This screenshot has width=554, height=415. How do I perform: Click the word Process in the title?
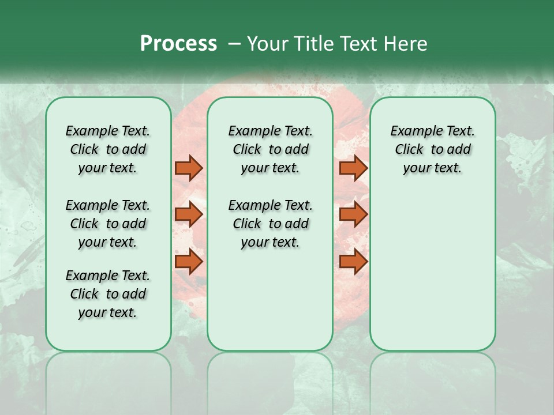point(178,44)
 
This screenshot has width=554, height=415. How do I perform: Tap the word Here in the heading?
point(405,44)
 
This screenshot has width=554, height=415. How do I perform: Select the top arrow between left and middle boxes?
point(189,168)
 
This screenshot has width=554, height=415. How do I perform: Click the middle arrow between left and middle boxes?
point(189,214)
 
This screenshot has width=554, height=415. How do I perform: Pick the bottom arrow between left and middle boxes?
point(189,262)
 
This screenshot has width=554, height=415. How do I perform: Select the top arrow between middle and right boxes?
point(353,168)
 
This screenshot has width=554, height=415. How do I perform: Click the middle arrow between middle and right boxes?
point(353,214)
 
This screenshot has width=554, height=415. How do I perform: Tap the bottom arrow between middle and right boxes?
point(353,262)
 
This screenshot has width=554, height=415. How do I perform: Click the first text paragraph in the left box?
point(108,149)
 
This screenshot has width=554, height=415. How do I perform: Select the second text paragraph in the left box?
point(108,224)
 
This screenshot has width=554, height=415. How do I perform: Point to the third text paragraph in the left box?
point(108,294)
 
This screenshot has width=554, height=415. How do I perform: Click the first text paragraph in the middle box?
point(270,149)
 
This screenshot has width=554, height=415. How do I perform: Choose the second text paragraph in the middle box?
point(270,224)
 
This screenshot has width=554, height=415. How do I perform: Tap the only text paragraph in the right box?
point(432,149)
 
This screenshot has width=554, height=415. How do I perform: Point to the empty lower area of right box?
point(432,271)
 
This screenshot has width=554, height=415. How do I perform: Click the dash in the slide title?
point(234,44)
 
